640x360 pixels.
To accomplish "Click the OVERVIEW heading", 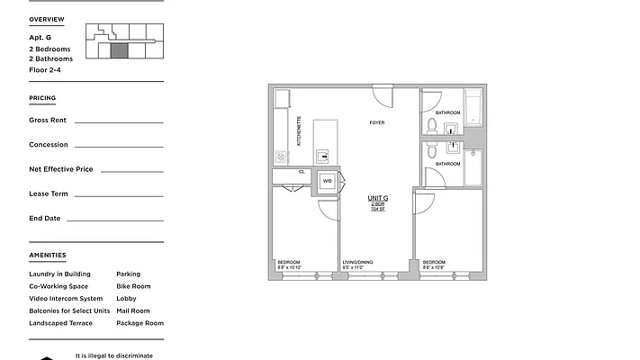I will pos(46,19).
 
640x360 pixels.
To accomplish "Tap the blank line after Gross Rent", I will pos(119,121).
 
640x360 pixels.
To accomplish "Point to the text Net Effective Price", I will pos(61,169).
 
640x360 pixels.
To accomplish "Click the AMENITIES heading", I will pos(47,256).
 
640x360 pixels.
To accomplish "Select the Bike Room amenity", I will pos(133,286).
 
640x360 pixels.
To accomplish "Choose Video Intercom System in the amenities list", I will pos(66,299).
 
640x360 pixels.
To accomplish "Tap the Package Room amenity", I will pos(140,323).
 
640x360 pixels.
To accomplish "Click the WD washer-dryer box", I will pos(327,181).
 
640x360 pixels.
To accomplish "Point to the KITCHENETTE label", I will pos(299,130).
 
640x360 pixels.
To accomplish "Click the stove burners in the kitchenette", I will pos(281,157).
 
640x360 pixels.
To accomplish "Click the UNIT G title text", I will pos(378,198).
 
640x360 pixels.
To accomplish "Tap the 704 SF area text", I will pos(378,210).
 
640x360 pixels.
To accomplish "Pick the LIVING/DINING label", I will pos(357,263).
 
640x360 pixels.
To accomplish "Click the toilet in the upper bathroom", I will pos(433,125).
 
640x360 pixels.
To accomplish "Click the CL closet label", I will pos(302,171).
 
